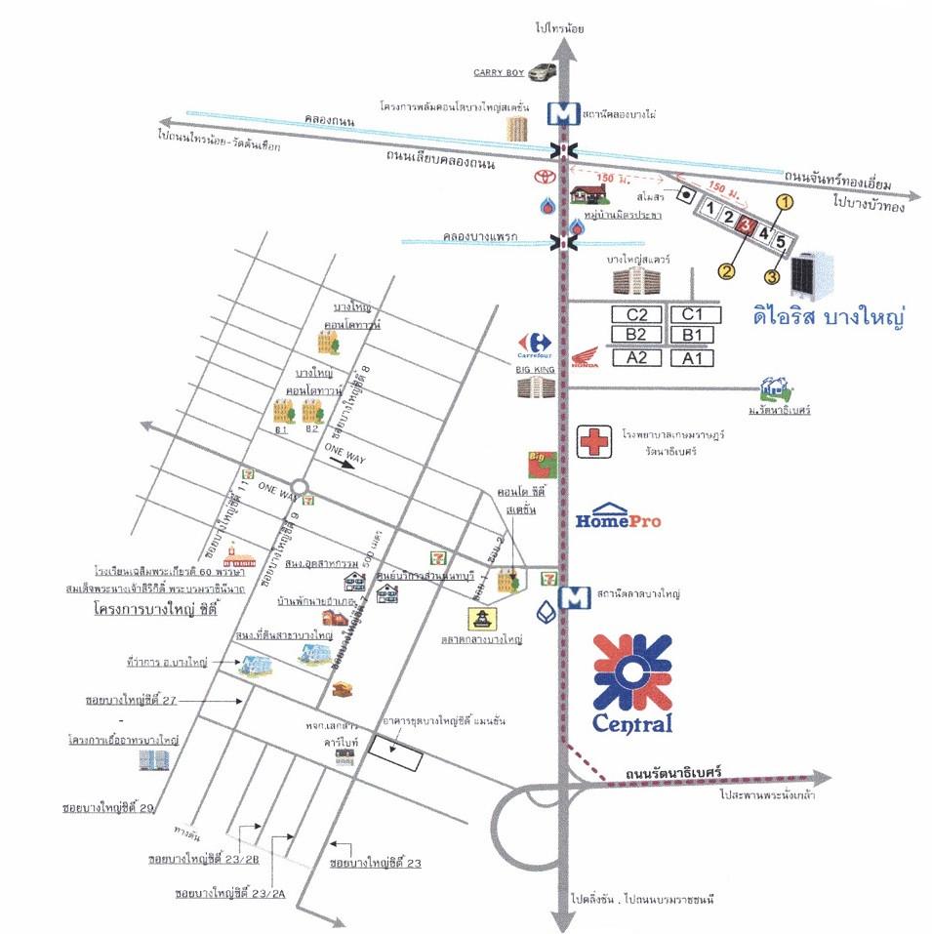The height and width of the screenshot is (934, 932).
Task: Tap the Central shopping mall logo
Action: click(x=632, y=683)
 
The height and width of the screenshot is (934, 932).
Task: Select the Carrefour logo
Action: click(x=535, y=343)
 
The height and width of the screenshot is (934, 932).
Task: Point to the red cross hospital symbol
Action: click(x=592, y=441)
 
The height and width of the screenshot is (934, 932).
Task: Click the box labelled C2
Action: click(x=636, y=314)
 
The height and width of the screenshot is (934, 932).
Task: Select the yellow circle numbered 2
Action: click(x=727, y=268)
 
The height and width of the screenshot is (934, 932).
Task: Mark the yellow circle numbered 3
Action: click(x=772, y=276)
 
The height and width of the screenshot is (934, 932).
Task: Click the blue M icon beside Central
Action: click(x=563, y=596)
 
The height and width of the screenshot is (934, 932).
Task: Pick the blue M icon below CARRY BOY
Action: click(x=561, y=114)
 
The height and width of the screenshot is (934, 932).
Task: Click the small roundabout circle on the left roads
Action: click(x=300, y=485)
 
